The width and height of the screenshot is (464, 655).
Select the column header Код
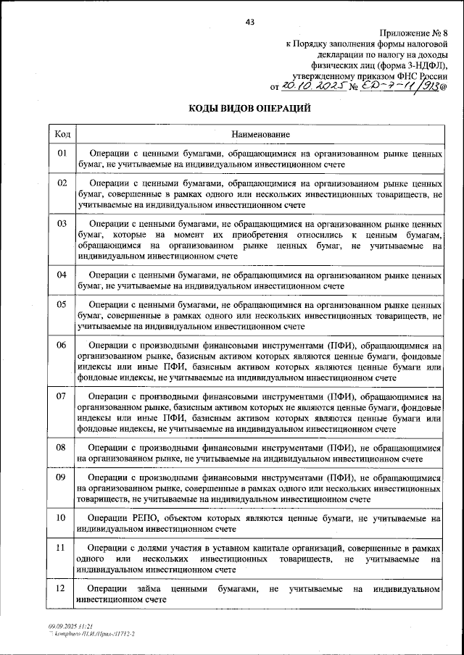coord(62,135)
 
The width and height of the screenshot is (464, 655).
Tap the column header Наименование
coord(260,135)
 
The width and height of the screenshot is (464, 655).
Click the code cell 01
coord(62,154)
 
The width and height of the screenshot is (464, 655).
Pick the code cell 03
coord(62,225)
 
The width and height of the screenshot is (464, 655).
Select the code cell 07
coord(62,396)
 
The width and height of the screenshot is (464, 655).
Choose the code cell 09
coord(62,477)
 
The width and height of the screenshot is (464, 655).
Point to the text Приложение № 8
coord(411,35)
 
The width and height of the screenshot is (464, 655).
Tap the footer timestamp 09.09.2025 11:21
coord(69,625)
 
